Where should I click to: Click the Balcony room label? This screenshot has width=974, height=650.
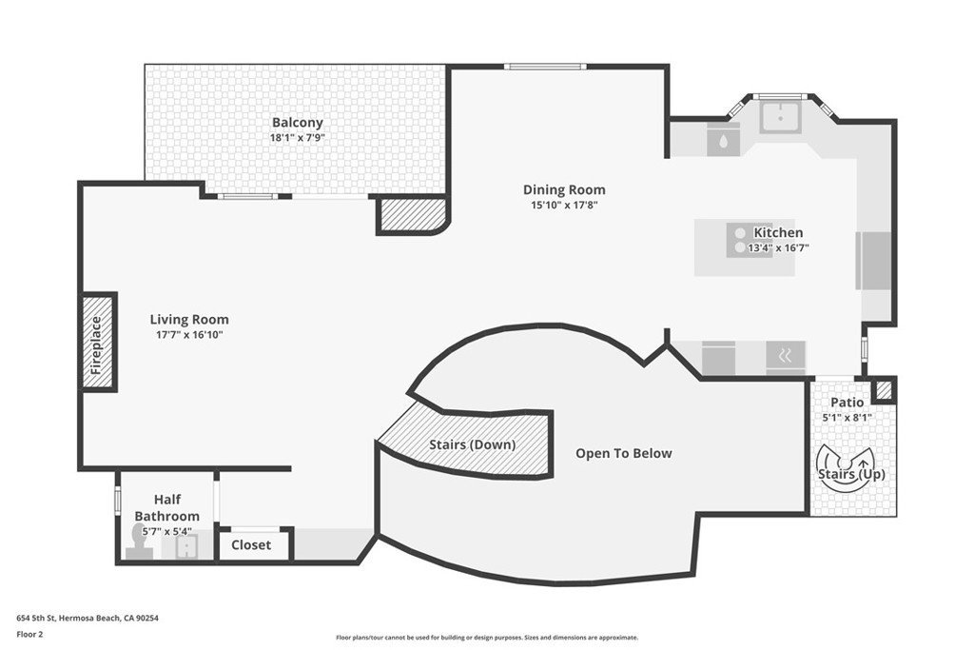(298, 123)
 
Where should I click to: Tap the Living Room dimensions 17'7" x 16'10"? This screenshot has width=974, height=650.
(189, 335)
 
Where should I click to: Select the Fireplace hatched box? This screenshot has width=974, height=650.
(98, 342)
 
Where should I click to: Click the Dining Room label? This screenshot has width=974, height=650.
(564, 189)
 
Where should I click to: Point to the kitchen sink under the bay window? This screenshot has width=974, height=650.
(781, 116)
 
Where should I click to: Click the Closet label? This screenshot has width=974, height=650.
(251, 545)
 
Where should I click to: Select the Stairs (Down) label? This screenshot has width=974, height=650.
(473, 445)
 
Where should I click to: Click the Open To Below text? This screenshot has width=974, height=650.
(624, 453)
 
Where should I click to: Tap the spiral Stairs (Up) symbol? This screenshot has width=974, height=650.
(846, 468)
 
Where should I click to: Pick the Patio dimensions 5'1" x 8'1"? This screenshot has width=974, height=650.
(847, 418)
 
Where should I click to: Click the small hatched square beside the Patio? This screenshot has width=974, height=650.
(884, 390)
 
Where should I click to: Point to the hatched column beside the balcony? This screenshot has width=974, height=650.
(411, 215)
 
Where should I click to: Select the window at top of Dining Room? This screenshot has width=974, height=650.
(545, 67)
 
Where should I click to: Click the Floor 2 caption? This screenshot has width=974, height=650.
(29, 635)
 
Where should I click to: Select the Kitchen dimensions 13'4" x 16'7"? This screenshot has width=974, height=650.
(778, 248)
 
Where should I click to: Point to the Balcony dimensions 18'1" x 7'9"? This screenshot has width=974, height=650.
(298, 138)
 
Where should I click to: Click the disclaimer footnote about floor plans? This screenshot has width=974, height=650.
(487, 638)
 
